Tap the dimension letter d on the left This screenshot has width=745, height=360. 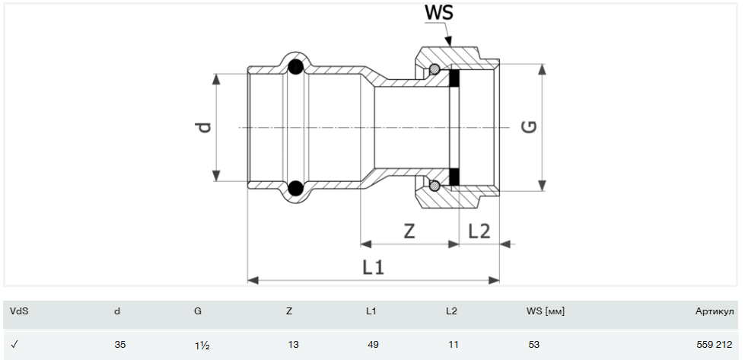tap(203, 127)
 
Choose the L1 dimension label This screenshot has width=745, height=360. tap(373, 268)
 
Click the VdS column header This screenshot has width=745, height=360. tap(18, 311)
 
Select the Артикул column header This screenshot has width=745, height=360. tap(714, 311)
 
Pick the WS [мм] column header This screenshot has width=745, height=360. tap(545, 311)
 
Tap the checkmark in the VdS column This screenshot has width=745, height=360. tap(14, 345)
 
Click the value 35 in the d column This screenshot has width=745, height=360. tap(120, 345)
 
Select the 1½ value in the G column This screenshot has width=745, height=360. tap(201, 345)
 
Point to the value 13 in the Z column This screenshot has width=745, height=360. tap(293, 345)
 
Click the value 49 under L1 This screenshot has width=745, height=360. tap(373, 345)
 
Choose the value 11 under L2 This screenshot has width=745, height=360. tap(454, 345)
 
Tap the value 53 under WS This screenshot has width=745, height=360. tap(533, 345)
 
